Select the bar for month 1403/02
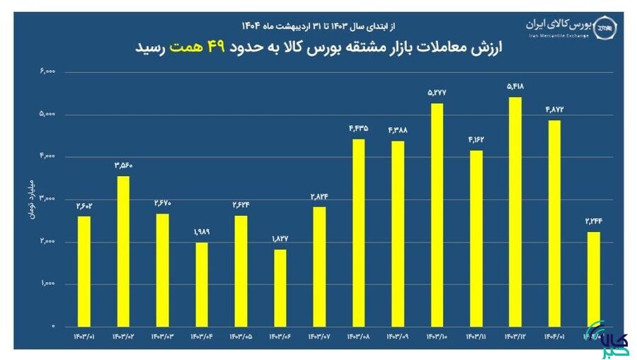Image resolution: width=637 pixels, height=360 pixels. click(122, 250)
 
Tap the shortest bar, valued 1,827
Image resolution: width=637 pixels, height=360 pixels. click(280, 287)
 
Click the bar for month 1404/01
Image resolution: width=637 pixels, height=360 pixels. click(553, 223)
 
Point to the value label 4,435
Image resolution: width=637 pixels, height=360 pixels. click(358, 129)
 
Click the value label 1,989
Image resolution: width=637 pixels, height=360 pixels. click(202, 232)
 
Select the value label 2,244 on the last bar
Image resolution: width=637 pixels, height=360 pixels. click(592, 221)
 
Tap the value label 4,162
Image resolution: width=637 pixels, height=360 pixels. click(475, 140)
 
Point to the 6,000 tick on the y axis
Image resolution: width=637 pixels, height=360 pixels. click(48, 71)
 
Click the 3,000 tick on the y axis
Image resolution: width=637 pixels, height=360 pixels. click(48, 199)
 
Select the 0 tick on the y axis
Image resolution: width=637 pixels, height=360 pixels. click(53, 326)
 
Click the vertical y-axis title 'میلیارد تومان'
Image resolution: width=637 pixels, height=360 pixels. click(32, 199)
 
